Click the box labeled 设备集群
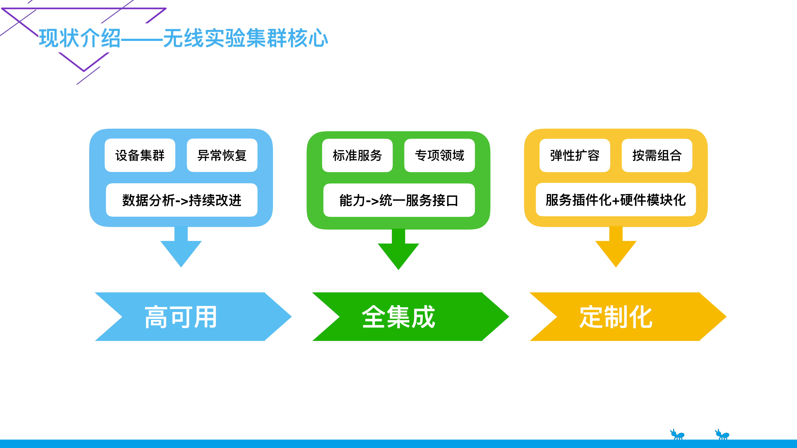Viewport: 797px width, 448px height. click(140, 155)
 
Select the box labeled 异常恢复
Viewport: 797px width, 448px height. click(222, 155)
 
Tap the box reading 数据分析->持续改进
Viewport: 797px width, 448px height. click(182, 200)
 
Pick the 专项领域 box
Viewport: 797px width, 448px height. click(439, 155)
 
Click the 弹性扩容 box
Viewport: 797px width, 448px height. click(575, 155)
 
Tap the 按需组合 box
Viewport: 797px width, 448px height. click(657, 155)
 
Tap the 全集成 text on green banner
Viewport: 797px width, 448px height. click(399, 317)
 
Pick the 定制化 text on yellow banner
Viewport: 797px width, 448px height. click(616, 317)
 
